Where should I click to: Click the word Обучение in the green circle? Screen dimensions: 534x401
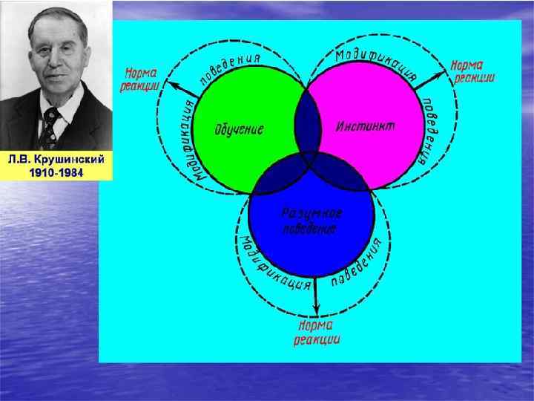239,129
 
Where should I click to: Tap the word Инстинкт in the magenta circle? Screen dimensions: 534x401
366,125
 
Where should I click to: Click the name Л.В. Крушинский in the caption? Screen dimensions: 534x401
56,160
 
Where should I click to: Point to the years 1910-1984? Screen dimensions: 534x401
56,172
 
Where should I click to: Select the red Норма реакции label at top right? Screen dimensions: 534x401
474,72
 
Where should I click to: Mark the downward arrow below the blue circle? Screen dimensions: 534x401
317,297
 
